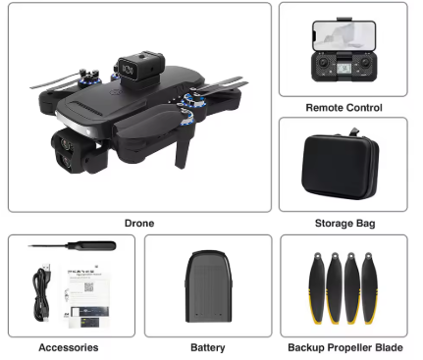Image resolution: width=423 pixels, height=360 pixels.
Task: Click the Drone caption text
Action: pyautogui.click(x=139, y=223)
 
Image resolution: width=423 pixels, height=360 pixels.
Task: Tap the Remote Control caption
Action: pyautogui.click(x=344, y=108)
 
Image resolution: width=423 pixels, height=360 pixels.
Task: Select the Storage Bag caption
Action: pyautogui.click(x=344, y=223)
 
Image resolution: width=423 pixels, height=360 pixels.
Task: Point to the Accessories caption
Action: pyautogui.click(x=68, y=347)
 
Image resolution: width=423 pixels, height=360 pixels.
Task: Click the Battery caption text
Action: pyautogui.click(x=207, y=347)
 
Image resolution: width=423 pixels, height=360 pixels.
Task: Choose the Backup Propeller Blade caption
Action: pyautogui.click(x=344, y=347)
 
